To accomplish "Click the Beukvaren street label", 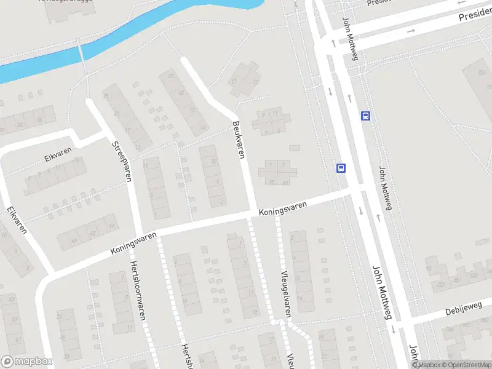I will [239, 140].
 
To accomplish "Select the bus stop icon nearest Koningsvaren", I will [341, 167].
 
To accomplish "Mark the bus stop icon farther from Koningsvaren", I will [365, 115].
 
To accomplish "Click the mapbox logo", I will [26, 362].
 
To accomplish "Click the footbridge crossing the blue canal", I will [81, 52].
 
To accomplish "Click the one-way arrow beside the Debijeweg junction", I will [392, 330].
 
